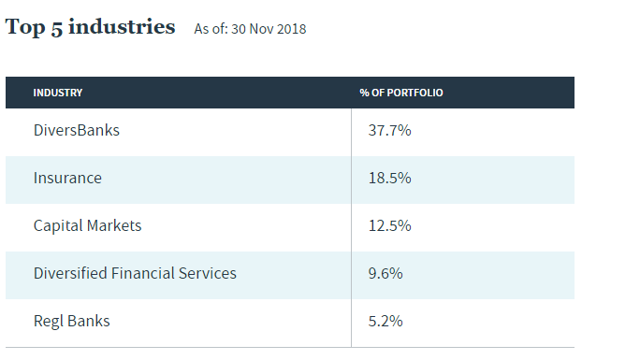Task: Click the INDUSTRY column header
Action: coord(58,93)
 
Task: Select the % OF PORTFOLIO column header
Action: coord(401,93)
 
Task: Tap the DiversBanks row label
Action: coord(77,131)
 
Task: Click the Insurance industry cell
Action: coord(67,179)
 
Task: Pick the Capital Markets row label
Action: coord(87,226)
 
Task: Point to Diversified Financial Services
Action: coord(135,273)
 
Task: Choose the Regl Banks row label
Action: coord(71,322)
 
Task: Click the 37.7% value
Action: coord(389,131)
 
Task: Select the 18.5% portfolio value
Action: coord(389,179)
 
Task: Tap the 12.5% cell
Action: coord(389,226)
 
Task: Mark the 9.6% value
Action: coord(385,273)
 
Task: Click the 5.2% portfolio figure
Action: coord(385,322)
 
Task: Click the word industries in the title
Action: coord(122,27)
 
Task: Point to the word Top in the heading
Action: coord(25,28)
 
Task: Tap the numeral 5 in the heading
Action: coord(57,29)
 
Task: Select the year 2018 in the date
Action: coord(291,29)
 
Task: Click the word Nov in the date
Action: coord(261,29)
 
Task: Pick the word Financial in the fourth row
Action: coord(142,273)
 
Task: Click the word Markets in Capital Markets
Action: coord(114,226)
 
